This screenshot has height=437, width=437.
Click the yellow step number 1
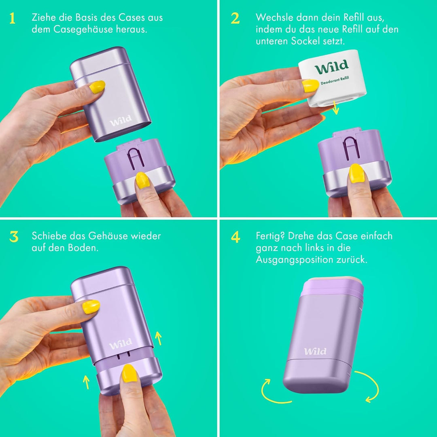12,18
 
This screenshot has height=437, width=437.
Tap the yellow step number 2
235,18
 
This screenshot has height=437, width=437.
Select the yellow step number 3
14,237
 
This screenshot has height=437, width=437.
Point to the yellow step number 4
235,237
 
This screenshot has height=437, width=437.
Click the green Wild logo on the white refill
331,67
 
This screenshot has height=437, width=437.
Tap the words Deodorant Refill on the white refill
335,80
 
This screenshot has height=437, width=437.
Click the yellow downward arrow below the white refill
335,108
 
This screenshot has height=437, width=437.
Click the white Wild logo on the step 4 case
315,351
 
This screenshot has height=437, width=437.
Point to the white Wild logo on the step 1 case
121,121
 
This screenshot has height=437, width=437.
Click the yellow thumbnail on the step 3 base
129,373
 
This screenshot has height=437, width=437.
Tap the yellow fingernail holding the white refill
310,85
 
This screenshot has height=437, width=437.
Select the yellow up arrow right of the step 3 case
158,338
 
